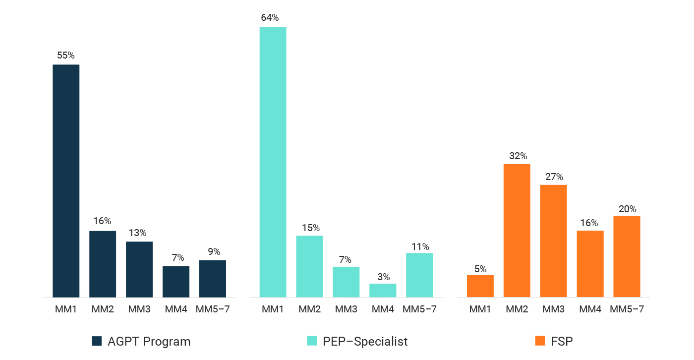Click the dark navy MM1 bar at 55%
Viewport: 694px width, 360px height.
66,181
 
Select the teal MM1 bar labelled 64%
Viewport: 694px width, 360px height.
273,162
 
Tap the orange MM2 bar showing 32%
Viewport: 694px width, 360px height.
517,231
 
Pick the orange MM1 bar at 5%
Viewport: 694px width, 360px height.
480,286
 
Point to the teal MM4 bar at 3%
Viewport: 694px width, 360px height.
383,291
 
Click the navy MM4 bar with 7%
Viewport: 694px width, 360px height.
176,282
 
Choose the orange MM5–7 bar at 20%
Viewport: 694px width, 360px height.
627,256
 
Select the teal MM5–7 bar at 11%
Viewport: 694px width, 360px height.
419,275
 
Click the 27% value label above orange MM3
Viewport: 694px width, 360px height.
554,177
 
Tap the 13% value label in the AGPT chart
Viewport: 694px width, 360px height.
139,233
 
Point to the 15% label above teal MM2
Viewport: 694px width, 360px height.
309,228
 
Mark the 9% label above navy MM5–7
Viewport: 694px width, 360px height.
213,252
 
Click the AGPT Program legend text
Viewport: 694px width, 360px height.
149,341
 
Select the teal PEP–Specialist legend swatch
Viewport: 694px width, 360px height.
312,341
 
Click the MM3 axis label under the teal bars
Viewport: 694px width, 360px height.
346,309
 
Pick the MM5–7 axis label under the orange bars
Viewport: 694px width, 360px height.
627,309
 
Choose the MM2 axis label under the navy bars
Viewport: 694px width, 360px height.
103,309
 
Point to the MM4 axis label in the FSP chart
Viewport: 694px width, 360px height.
590,309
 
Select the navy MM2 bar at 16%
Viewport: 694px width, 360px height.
103,264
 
